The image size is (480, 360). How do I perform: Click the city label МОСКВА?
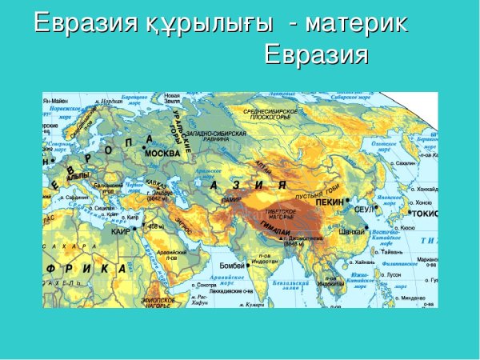point(162,153)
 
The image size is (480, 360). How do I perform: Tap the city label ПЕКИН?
point(330,203)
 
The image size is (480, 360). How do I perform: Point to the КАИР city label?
point(120,231)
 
